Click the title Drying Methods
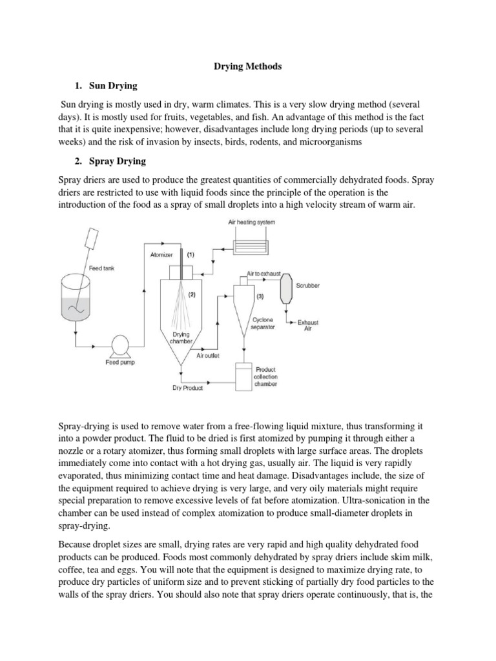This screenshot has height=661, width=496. click(x=249, y=66)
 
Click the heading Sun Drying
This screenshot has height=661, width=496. click(x=110, y=85)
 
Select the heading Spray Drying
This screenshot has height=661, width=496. click(x=116, y=160)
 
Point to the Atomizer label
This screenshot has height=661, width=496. click(x=161, y=254)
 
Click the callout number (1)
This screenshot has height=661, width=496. click(x=191, y=254)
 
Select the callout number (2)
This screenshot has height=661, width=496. click(x=191, y=294)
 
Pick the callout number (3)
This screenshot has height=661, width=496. click(x=260, y=296)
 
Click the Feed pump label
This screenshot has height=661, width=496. click(x=117, y=363)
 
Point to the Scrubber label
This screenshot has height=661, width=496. click(x=307, y=285)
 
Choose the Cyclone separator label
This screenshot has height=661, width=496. click(x=263, y=323)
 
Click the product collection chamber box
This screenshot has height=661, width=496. click(x=245, y=376)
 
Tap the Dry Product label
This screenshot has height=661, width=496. click(x=187, y=388)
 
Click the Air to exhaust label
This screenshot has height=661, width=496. click(x=263, y=274)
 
